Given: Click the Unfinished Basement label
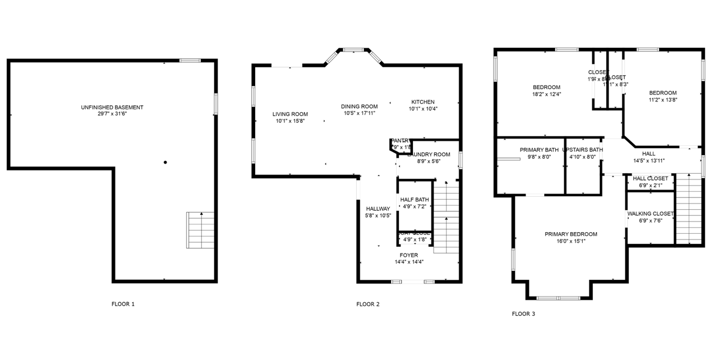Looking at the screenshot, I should click(112, 107).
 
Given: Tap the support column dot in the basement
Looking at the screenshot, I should click(165, 163).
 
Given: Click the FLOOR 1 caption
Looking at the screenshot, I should click(123, 304).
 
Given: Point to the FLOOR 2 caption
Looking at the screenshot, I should click(368, 304).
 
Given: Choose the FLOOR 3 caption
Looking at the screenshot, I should click(523, 314).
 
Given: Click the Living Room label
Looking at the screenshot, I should click(290, 114).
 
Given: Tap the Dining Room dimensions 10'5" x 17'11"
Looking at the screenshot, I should click(359, 113).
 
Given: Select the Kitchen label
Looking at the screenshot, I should click(422, 101).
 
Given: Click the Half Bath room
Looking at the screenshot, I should click(415, 203).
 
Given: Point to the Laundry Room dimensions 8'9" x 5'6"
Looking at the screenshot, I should click(429, 161).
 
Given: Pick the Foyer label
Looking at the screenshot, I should click(408, 255).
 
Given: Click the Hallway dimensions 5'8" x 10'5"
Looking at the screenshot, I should click(378, 215).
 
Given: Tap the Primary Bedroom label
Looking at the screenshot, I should click(570, 234).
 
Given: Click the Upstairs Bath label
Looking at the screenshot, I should click(583, 150).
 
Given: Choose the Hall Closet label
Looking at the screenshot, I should click(650, 178).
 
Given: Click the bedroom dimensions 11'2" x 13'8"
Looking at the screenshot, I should click(662, 100).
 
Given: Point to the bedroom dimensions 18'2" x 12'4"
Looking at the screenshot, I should click(546, 94).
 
